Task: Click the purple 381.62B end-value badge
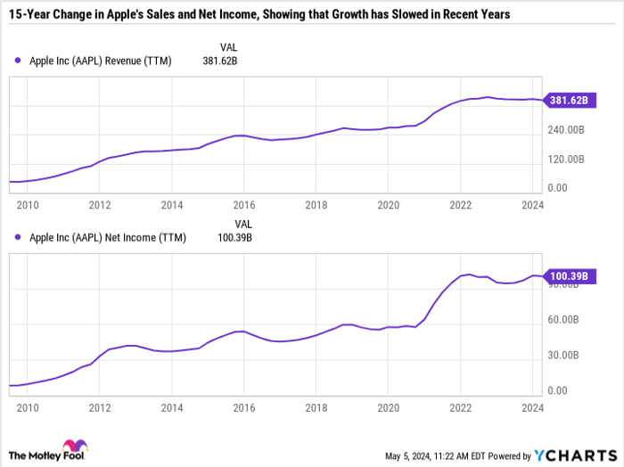coord(567,101)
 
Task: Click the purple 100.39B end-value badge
coord(567,277)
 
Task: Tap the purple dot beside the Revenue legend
coord(18,61)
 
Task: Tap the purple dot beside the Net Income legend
coord(18,238)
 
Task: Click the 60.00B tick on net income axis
coord(566,319)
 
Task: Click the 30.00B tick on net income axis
coord(566,355)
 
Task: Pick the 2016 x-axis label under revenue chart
coord(246,205)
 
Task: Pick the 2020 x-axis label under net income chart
coord(388,408)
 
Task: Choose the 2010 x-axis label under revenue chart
coord(27,205)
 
